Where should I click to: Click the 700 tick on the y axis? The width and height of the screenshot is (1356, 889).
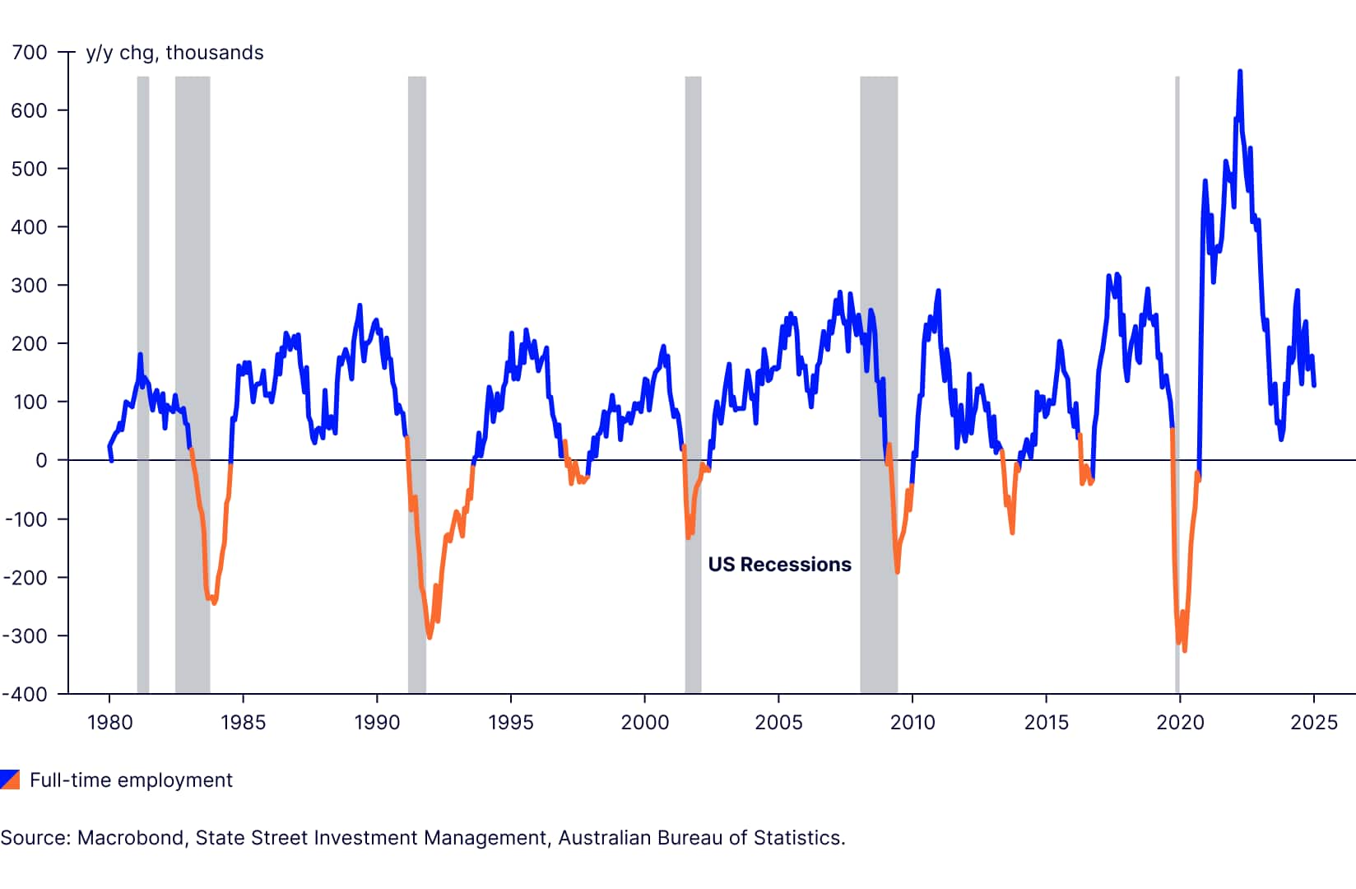coord(30,53)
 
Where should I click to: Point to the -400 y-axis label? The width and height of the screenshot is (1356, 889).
coord(25,694)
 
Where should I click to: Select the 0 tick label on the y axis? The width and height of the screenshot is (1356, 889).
coord(41,460)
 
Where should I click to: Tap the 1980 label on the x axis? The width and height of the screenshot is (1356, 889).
coord(109,723)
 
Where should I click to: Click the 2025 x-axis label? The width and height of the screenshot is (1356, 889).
coord(1313,723)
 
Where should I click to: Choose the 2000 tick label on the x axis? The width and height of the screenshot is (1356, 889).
coord(644,723)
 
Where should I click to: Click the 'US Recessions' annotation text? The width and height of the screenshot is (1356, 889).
coord(779,565)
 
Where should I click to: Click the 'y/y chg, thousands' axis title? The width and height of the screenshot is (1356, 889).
coord(174,53)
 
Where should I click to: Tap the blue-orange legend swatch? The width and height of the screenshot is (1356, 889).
coord(10,780)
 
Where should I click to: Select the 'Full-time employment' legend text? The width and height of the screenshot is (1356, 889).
coord(131,780)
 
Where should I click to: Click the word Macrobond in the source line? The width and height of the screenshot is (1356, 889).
coord(131,838)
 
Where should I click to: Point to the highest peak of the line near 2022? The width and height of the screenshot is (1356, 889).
coord(1240,72)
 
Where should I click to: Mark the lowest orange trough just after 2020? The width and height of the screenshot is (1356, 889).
coord(1185,650)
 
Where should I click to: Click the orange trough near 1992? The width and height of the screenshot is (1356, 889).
coord(430,636)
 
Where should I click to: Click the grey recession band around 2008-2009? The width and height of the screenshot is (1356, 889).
coord(879,247)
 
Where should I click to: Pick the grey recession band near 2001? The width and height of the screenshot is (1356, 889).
coord(693,247)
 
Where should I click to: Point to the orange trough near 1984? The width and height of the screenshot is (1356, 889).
coord(214,603)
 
